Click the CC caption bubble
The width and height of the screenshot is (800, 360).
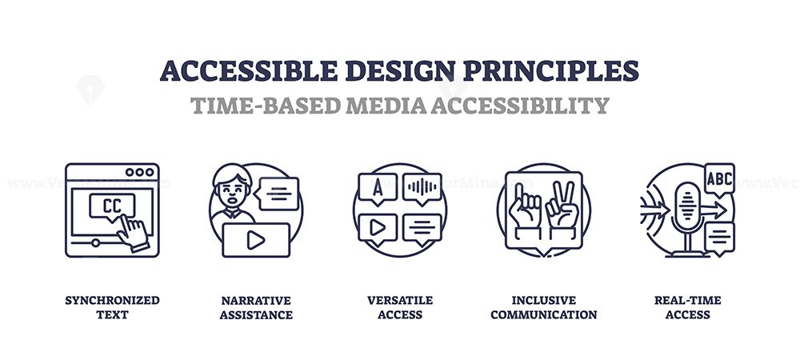pos(112,206)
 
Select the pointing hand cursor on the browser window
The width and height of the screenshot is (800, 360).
pos(132,232)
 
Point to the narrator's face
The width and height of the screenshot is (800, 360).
pos(232,191)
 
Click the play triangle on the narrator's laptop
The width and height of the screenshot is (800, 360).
pos(256,241)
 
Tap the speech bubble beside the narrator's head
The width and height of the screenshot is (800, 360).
pos(278,194)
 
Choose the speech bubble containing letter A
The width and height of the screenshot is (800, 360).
pos(378,189)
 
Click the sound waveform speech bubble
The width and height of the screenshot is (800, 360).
pos(422,189)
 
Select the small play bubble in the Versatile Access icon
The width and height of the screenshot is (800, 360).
pos(378,230)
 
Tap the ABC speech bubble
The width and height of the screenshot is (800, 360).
pos(719,179)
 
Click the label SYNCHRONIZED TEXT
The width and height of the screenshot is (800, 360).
pos(112,307)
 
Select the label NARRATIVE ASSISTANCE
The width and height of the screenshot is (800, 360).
pos(256,307)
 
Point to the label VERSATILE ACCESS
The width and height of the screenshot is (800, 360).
pos(400,307)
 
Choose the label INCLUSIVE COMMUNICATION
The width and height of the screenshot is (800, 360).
pos(544,307)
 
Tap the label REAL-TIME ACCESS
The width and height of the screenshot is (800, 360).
pos(688,307)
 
